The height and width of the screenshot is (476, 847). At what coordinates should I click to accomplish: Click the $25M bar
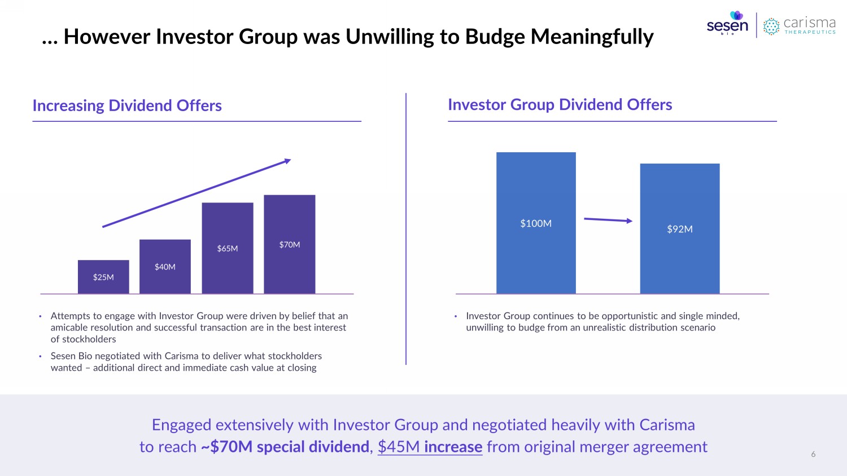click(x=103, y=276)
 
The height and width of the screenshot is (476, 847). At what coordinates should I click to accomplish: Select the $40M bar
click(x=165, y=266)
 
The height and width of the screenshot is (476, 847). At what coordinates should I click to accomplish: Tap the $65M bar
click(x=228, y=248)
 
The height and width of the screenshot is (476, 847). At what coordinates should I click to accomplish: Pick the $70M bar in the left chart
click(x=289, y=244)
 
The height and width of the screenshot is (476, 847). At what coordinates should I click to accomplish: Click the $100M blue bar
click(x=536, y=223)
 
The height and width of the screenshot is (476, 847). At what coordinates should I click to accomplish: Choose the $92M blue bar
click(x=679, y=228)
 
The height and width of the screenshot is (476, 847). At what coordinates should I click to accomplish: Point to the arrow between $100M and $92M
click(x=608, y=219)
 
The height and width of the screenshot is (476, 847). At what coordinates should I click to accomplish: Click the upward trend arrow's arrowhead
click(x=287, y=161)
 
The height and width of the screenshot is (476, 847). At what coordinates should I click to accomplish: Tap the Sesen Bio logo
click(x=727, y=24)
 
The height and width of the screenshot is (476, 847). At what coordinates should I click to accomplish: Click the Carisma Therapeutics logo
click(x=799, y=25)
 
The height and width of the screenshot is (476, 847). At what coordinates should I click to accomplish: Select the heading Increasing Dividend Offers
click(x=127, y=105)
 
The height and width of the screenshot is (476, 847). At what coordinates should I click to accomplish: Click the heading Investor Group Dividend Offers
click(x=560, y=104)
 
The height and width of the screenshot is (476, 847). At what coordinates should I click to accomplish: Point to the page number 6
click(x=813, y=454)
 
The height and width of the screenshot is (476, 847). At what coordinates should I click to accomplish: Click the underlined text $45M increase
click(x=430, y=447)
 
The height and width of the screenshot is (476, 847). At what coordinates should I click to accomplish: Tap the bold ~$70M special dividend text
click(x=285, y=447)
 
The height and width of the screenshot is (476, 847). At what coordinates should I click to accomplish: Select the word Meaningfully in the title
click(x=592, y=37)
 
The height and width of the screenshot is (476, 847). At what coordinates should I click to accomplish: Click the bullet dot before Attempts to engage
click(x=41, y=316)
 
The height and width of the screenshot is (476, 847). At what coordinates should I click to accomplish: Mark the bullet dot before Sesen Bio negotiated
click(x=41, y=356)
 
